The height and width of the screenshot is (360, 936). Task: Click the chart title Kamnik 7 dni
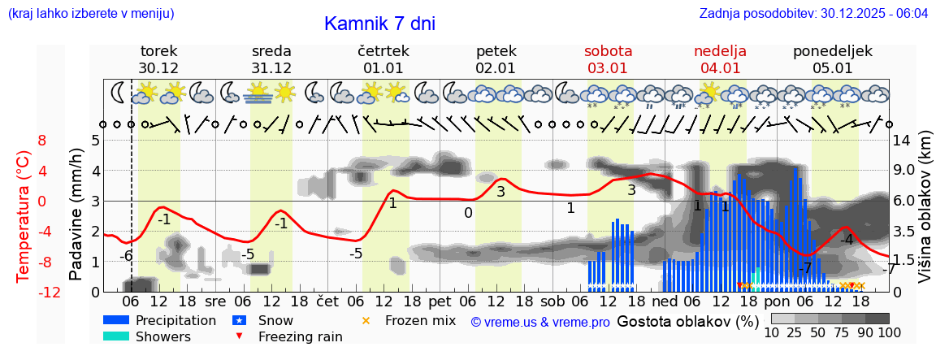point(379,24)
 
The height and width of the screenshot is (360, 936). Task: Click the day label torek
point(158,51)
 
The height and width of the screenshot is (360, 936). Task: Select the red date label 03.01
point(608,68)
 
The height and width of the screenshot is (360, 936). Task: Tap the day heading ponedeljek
point(833,51)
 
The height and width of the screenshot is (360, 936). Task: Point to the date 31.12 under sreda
point(271,68)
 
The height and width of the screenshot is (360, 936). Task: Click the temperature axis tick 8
point(41,140)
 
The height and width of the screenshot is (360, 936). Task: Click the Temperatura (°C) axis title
point(23,216)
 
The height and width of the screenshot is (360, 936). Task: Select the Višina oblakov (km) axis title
point(925,216)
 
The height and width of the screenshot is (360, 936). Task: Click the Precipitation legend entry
point(175,320)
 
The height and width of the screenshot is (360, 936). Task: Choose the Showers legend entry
point(163,336)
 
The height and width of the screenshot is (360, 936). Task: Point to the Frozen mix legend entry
point(420,320)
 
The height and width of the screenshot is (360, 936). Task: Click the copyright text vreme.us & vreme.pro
point(540,322)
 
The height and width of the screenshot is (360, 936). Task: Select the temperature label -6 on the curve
point(126,255)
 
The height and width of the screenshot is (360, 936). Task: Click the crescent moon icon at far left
point(119,92)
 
